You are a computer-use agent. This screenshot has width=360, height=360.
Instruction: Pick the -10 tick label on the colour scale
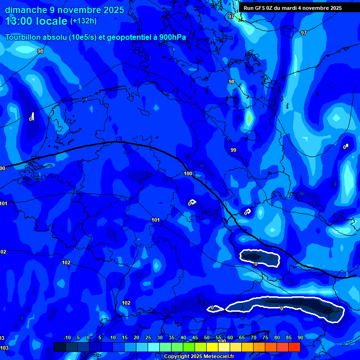tap(67, 338)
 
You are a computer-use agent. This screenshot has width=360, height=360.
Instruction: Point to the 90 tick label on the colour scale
tap(300, 338)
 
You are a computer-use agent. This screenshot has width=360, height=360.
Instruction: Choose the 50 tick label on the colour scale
tap(206, 338)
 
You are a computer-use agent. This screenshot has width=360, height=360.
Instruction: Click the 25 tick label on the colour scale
tap(148, 338)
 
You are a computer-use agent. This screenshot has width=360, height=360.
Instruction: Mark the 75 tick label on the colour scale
tap(265, 338)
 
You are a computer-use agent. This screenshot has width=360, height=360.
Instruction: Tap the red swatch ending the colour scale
tap(294, 347)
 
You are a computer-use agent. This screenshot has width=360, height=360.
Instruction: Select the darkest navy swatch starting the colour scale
tap(60, 347)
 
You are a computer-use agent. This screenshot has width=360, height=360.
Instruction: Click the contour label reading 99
tap(233, 150)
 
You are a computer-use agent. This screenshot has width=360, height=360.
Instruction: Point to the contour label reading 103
tap(4, 348)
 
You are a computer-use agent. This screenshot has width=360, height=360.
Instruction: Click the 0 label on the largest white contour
tap(281, 308)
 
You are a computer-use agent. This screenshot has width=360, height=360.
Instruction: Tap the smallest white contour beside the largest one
tap(215, 308)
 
